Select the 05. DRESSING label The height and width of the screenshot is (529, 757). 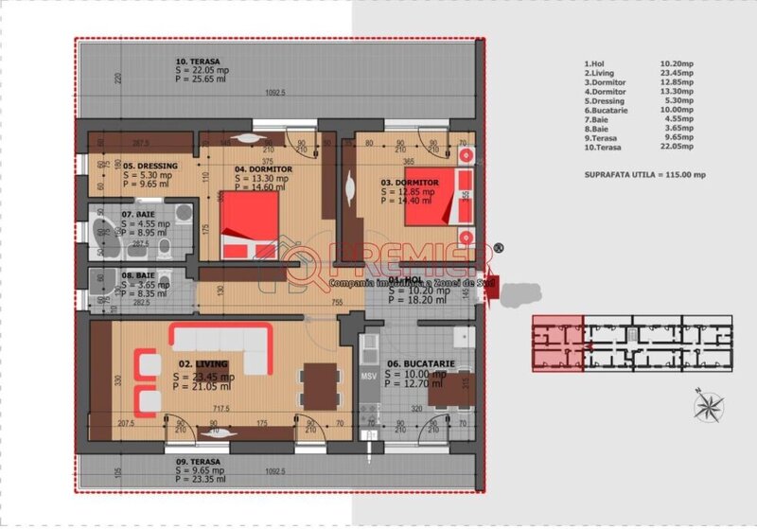151,165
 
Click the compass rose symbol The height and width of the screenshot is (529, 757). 705,405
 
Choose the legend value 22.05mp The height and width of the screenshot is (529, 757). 676,148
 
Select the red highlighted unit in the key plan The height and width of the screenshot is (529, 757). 556,343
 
